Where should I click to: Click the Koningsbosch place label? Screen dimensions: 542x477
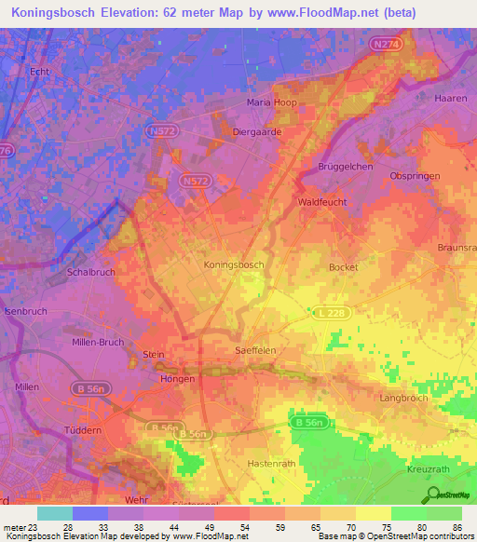click(x=234, y=264)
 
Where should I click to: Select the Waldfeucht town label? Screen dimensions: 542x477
click(x=322, y=201)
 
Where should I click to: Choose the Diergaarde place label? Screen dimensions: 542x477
click(x=256, y=132)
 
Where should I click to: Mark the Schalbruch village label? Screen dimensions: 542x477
click(x=90, y=274)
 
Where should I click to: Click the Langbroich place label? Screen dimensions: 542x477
click(x=402, y=398)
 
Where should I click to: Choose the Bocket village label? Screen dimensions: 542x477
click(x=343, y=266)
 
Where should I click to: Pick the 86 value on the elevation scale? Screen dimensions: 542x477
click(x=457, y=528)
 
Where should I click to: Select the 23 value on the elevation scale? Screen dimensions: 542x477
click(x=34, y=528)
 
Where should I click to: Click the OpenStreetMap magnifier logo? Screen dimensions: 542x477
click(x=432, y=495)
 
